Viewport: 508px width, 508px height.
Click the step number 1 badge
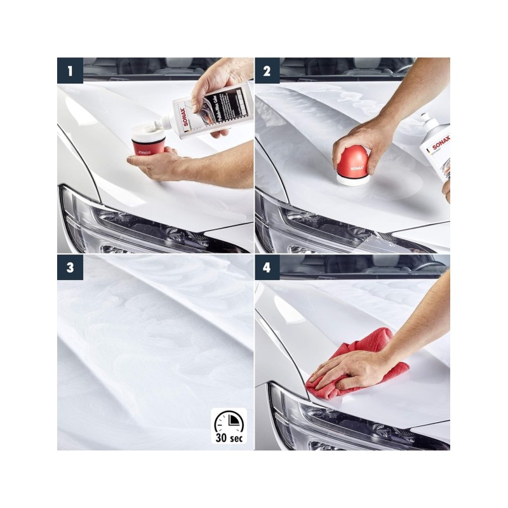coord(70,70)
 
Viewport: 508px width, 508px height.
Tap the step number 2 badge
coord(268,70)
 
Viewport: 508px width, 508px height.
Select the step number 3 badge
coord(70,268)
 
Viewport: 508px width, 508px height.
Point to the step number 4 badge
coord(268,268)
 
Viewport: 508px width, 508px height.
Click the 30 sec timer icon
coord(229,425)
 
